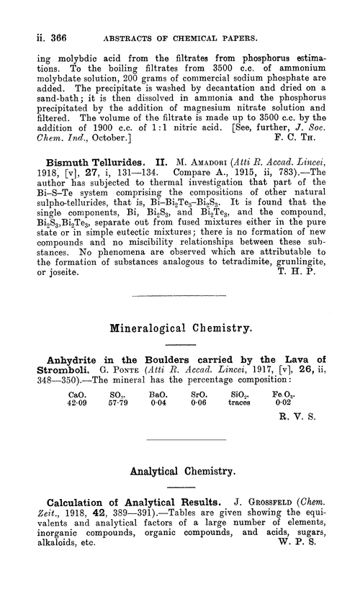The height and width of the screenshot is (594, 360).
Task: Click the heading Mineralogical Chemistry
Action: click(x=180, y=331)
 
